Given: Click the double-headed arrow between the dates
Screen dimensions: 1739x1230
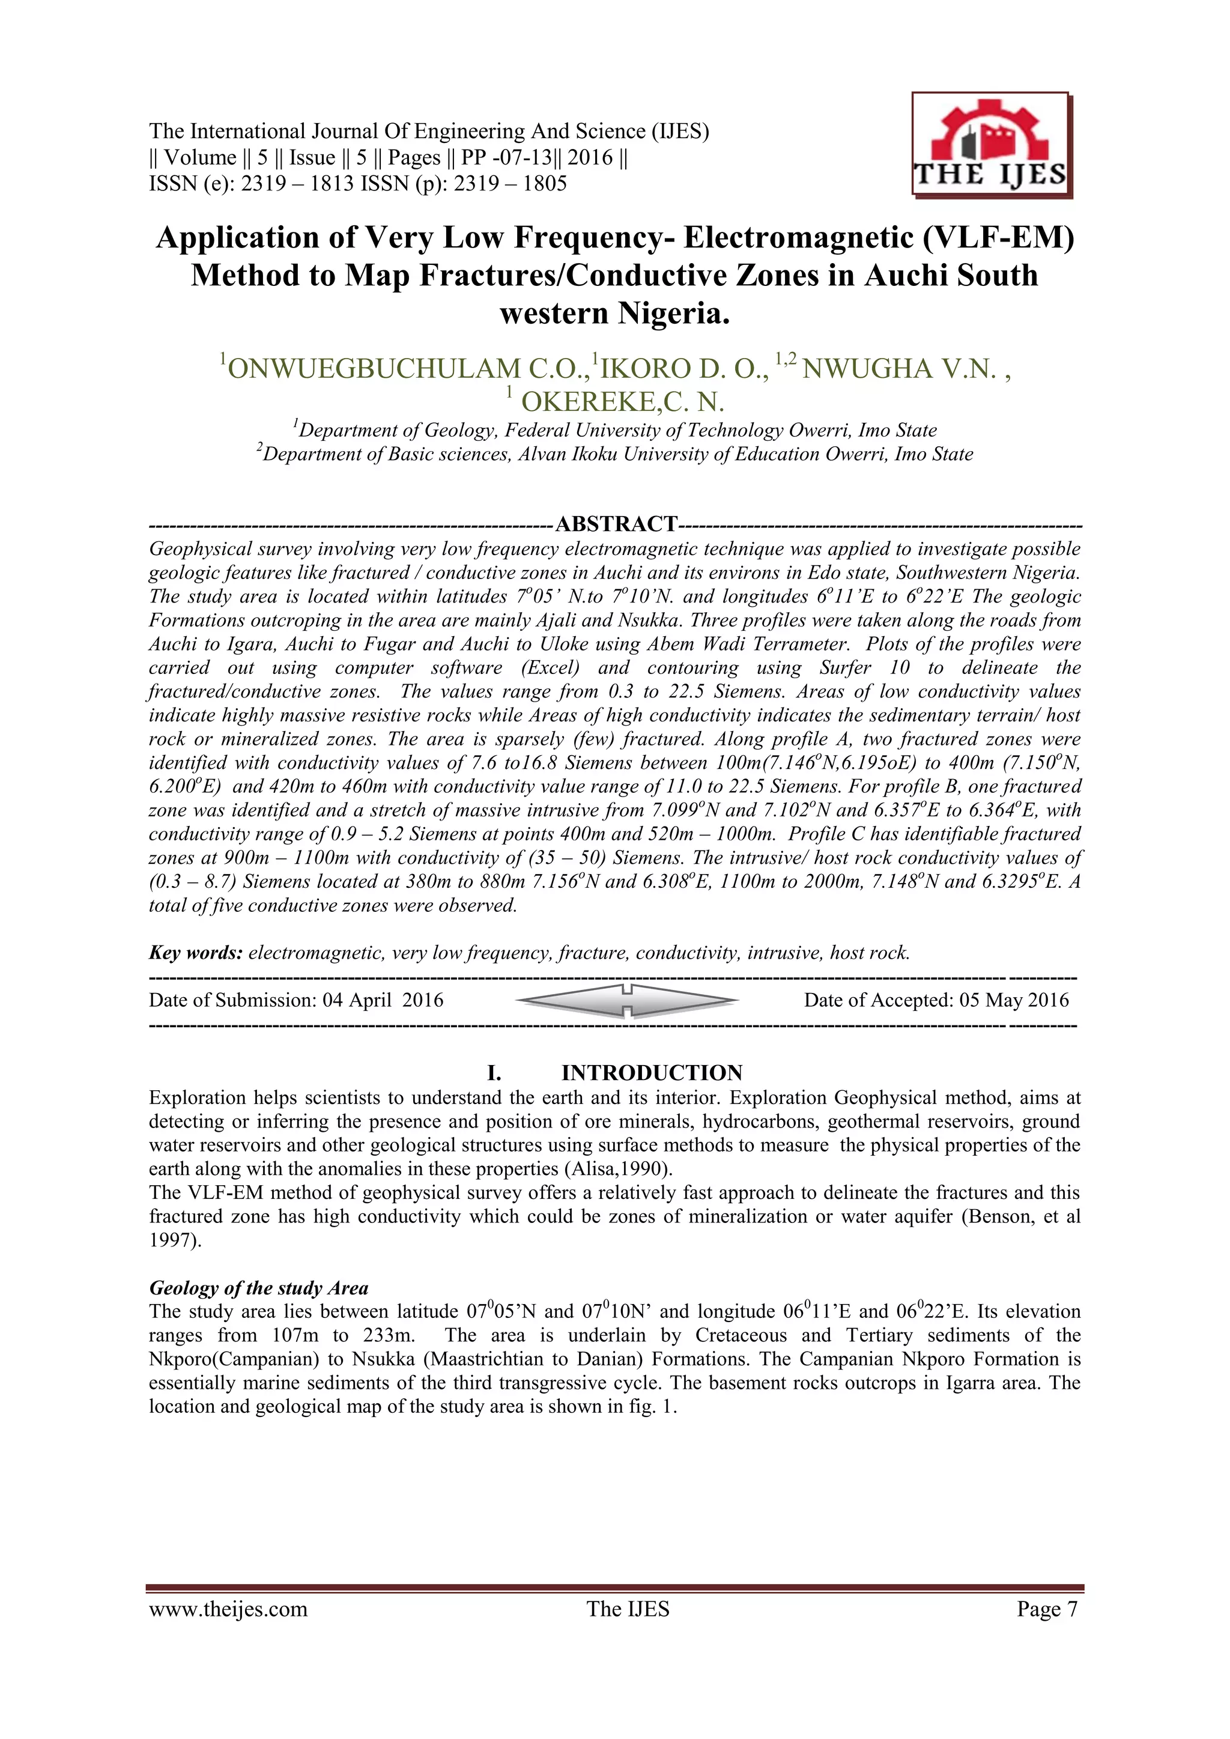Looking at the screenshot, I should (626, 1001).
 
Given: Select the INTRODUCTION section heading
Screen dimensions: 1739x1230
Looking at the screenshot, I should (652, 1072).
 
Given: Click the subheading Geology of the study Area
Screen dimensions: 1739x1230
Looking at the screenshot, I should (258, 1288).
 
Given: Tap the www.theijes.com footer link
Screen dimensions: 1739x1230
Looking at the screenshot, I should (228, 1609).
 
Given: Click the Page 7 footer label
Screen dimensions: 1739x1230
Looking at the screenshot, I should (1047, 1609).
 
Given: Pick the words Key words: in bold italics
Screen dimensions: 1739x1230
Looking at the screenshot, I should (195, 953).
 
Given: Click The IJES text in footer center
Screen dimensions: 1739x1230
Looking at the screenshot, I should (628, 1609).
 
